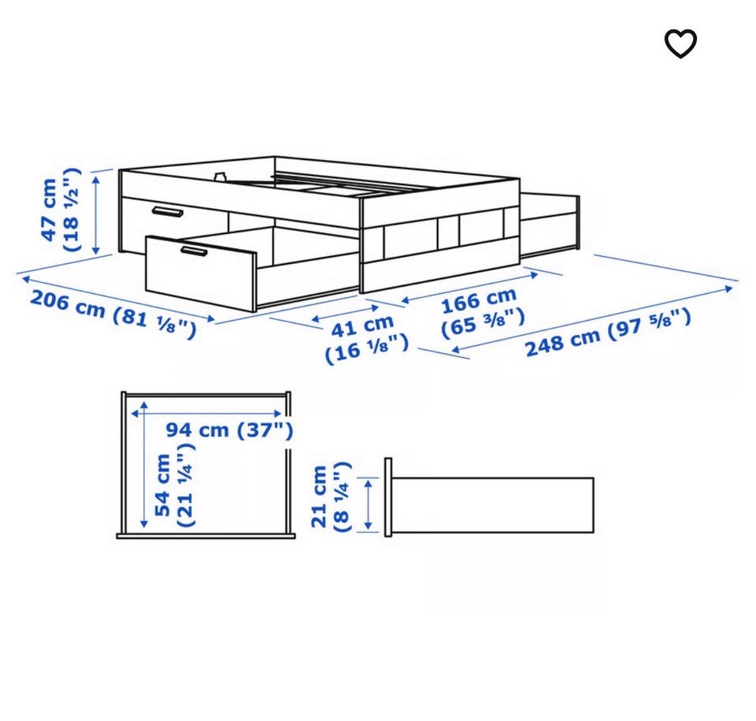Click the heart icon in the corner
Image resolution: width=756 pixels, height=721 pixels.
tap(680, 44)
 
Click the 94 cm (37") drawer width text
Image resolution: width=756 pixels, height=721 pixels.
tap(229, 429)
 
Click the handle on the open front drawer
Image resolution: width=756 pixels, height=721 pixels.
tap(194, 251)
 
